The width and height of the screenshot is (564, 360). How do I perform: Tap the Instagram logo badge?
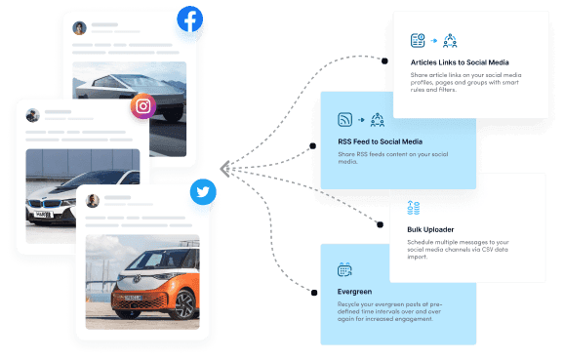pyautogui.click(x=143, y=106)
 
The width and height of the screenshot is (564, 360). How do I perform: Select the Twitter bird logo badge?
pyautogui.click(x=202, y=191)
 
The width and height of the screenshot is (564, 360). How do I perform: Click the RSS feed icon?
pyautogui.click(x=344, y=120)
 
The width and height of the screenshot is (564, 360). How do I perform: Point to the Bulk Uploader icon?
pyautogui.click(x=414, y=207)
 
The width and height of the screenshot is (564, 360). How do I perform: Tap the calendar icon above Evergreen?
pyautogui.click(x=344, y=269)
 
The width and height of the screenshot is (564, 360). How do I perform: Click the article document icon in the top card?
pyautogui.click(x=418, y=40)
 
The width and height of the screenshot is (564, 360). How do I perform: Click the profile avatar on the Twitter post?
pyautogui.click(x=93, y=200)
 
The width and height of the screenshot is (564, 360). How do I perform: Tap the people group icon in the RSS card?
pyautogui.click(x=377, y=120)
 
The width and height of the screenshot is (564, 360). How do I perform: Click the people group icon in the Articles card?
pyautogui.click(x=450, y=40)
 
